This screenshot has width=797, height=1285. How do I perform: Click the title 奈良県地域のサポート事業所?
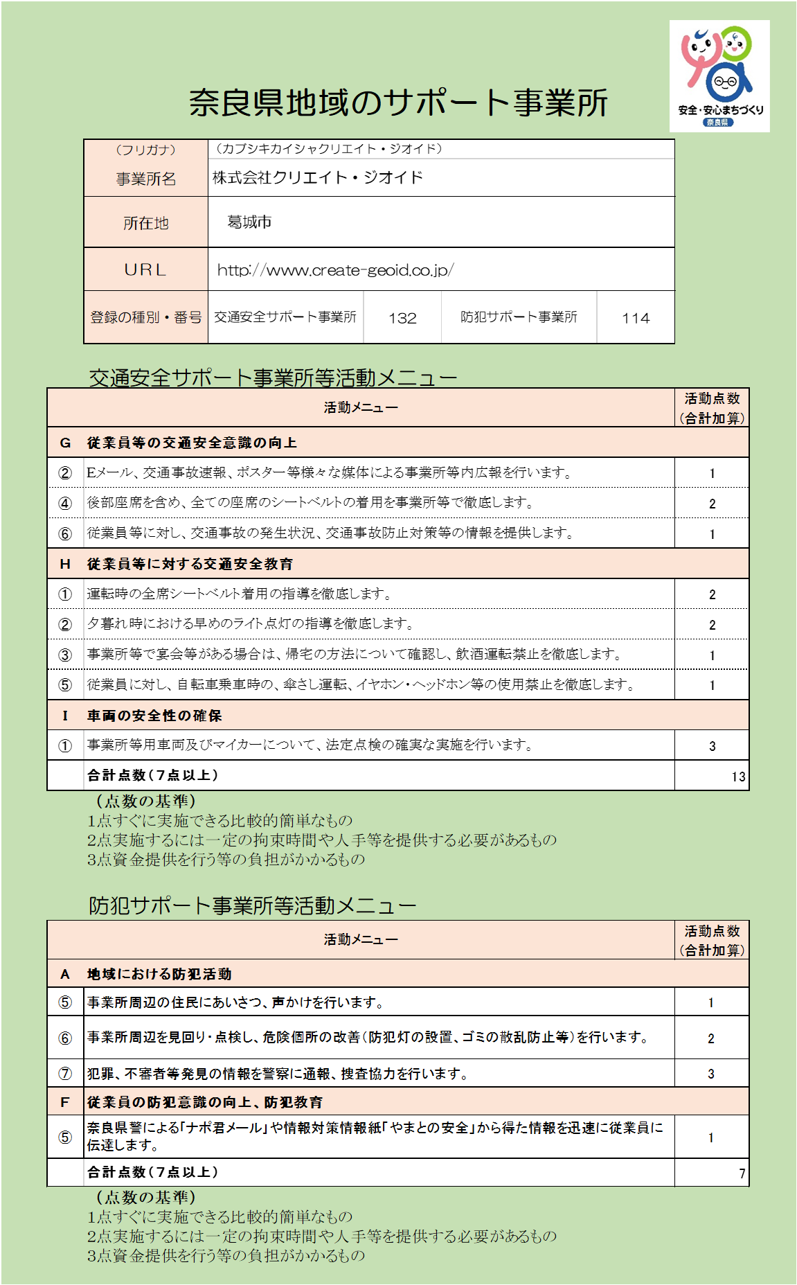tap(398, 103)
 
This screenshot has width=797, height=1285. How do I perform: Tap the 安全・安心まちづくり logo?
tap(719, 76)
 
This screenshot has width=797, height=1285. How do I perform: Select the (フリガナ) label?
tap(145, 150)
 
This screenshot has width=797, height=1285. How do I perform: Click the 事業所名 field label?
tap(145, 179)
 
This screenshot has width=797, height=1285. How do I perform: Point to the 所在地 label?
tap(145, 223)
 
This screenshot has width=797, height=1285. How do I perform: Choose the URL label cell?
tap(145, 269)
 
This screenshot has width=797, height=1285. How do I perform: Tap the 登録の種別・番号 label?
tap(145, 317)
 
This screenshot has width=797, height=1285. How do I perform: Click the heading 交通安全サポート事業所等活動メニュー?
tap(273, 378)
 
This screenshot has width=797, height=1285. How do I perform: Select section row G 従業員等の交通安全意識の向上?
tap(192, 443)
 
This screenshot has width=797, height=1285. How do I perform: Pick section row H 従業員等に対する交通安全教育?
tap(190, 564)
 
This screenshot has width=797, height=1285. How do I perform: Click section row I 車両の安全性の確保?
tap(154, 716)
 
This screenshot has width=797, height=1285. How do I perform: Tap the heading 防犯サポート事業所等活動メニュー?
tap(252, 905)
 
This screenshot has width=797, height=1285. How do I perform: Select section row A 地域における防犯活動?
tap(159, 974)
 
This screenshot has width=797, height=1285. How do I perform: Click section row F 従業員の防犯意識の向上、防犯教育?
tap(204, 1101)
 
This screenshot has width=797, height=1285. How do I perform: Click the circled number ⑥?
tap(65, 1038)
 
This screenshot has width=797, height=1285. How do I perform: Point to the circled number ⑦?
tap(65, 1074)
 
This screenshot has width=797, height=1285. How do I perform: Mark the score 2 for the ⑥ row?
tap(711, 1038)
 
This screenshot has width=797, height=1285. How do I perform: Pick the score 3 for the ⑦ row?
tap(711, 1074)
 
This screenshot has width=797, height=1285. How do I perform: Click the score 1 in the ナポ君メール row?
tap(711, 1137)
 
